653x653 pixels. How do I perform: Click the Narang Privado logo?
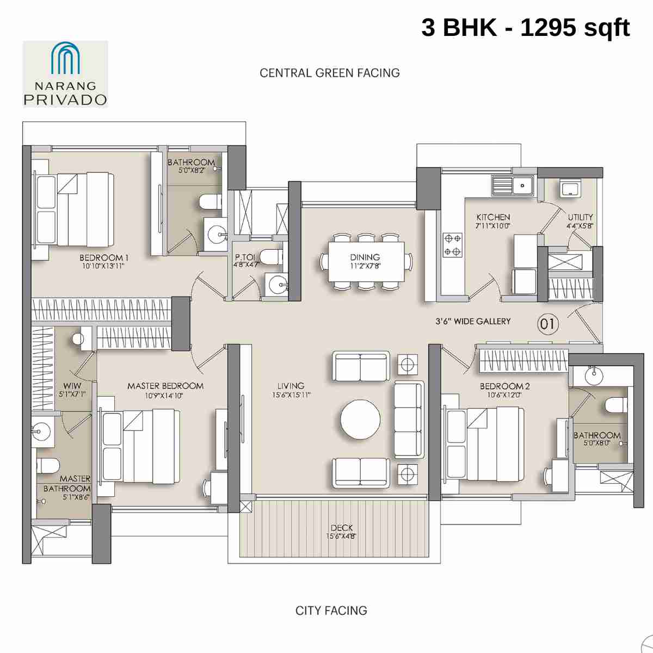65,74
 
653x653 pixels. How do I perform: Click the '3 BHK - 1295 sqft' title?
525,27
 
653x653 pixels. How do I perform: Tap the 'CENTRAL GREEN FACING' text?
330,73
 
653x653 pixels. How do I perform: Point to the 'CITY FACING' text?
331,611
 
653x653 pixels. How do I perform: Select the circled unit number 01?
547,324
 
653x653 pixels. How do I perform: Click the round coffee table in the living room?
360,420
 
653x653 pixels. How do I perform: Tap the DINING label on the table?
365,257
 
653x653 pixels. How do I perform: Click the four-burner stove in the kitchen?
452,245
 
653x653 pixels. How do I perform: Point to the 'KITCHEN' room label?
493,217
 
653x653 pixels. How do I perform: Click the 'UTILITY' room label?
580,217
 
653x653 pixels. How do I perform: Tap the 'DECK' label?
342,528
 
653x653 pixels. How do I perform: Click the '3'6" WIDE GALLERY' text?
473,322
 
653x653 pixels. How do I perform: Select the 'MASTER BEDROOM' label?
165,386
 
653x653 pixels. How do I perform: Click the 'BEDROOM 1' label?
104,258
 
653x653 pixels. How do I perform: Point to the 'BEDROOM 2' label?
504,386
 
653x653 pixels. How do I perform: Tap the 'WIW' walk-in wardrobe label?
72,386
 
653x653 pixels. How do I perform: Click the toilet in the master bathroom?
48,466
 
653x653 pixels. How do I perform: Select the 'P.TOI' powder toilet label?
244,257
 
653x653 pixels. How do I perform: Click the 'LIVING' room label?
291,386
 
